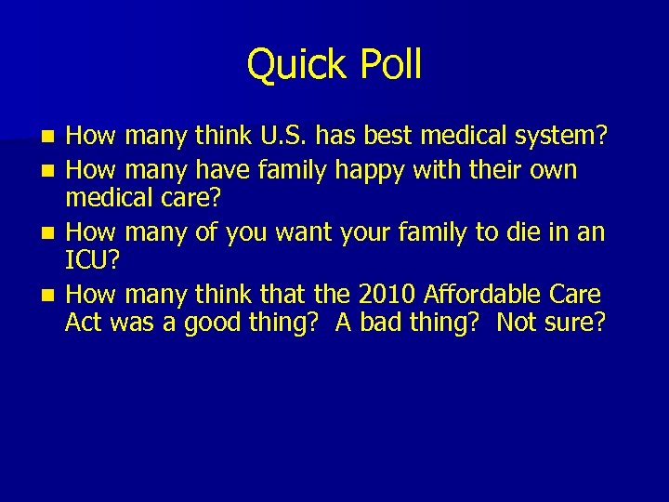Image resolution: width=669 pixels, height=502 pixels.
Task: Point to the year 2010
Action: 386,296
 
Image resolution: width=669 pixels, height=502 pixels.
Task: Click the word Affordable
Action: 490,296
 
